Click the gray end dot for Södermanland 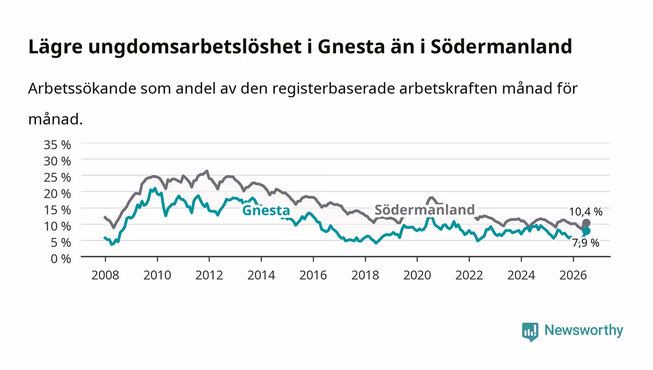(586, 223)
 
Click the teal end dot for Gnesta (586, 231)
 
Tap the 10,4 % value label (586, 212)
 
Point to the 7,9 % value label (586, 243)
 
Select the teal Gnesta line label (266, 210)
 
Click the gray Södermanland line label (425, 210)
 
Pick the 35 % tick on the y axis (57, 145)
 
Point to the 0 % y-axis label (61, 259)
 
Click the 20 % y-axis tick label (57, 194)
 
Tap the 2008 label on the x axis (105, 275)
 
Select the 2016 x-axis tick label (313, 275)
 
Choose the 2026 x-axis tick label (573, 275)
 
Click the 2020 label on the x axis (417, 275)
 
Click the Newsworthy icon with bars (530, 332)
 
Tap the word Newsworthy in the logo (584, 330)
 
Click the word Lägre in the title (56, 47)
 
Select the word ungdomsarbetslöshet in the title (195, 47)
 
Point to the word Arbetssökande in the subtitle (82, 89)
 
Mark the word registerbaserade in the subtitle (333, 89)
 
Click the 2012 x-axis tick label (209, 275)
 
